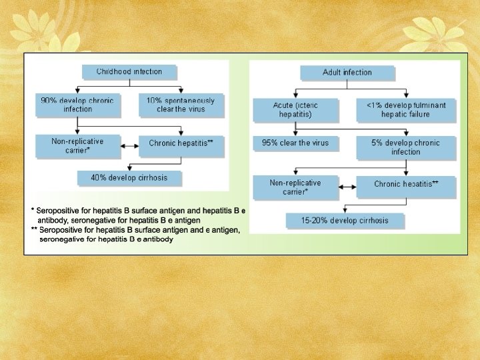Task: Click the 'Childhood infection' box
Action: (129, 72)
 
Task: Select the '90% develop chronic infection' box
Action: (77, 105)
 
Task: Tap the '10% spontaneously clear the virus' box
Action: (181, 105)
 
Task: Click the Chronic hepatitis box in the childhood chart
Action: (181, 143)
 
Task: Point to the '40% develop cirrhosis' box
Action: (129, 178)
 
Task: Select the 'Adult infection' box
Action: (347, 73)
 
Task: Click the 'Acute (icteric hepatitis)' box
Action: (295, 110)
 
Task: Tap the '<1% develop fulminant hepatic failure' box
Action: (405, 110)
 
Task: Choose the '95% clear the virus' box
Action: (295, 143)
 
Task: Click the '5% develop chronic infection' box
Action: (405, 147)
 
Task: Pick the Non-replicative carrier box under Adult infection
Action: (295, 187)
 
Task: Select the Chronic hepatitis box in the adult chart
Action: (405, 184)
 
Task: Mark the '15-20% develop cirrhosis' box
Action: (344, 221)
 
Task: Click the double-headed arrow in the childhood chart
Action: (131, 143)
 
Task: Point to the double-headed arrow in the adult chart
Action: (348, 187)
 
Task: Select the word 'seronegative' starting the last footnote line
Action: (63, 239)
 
